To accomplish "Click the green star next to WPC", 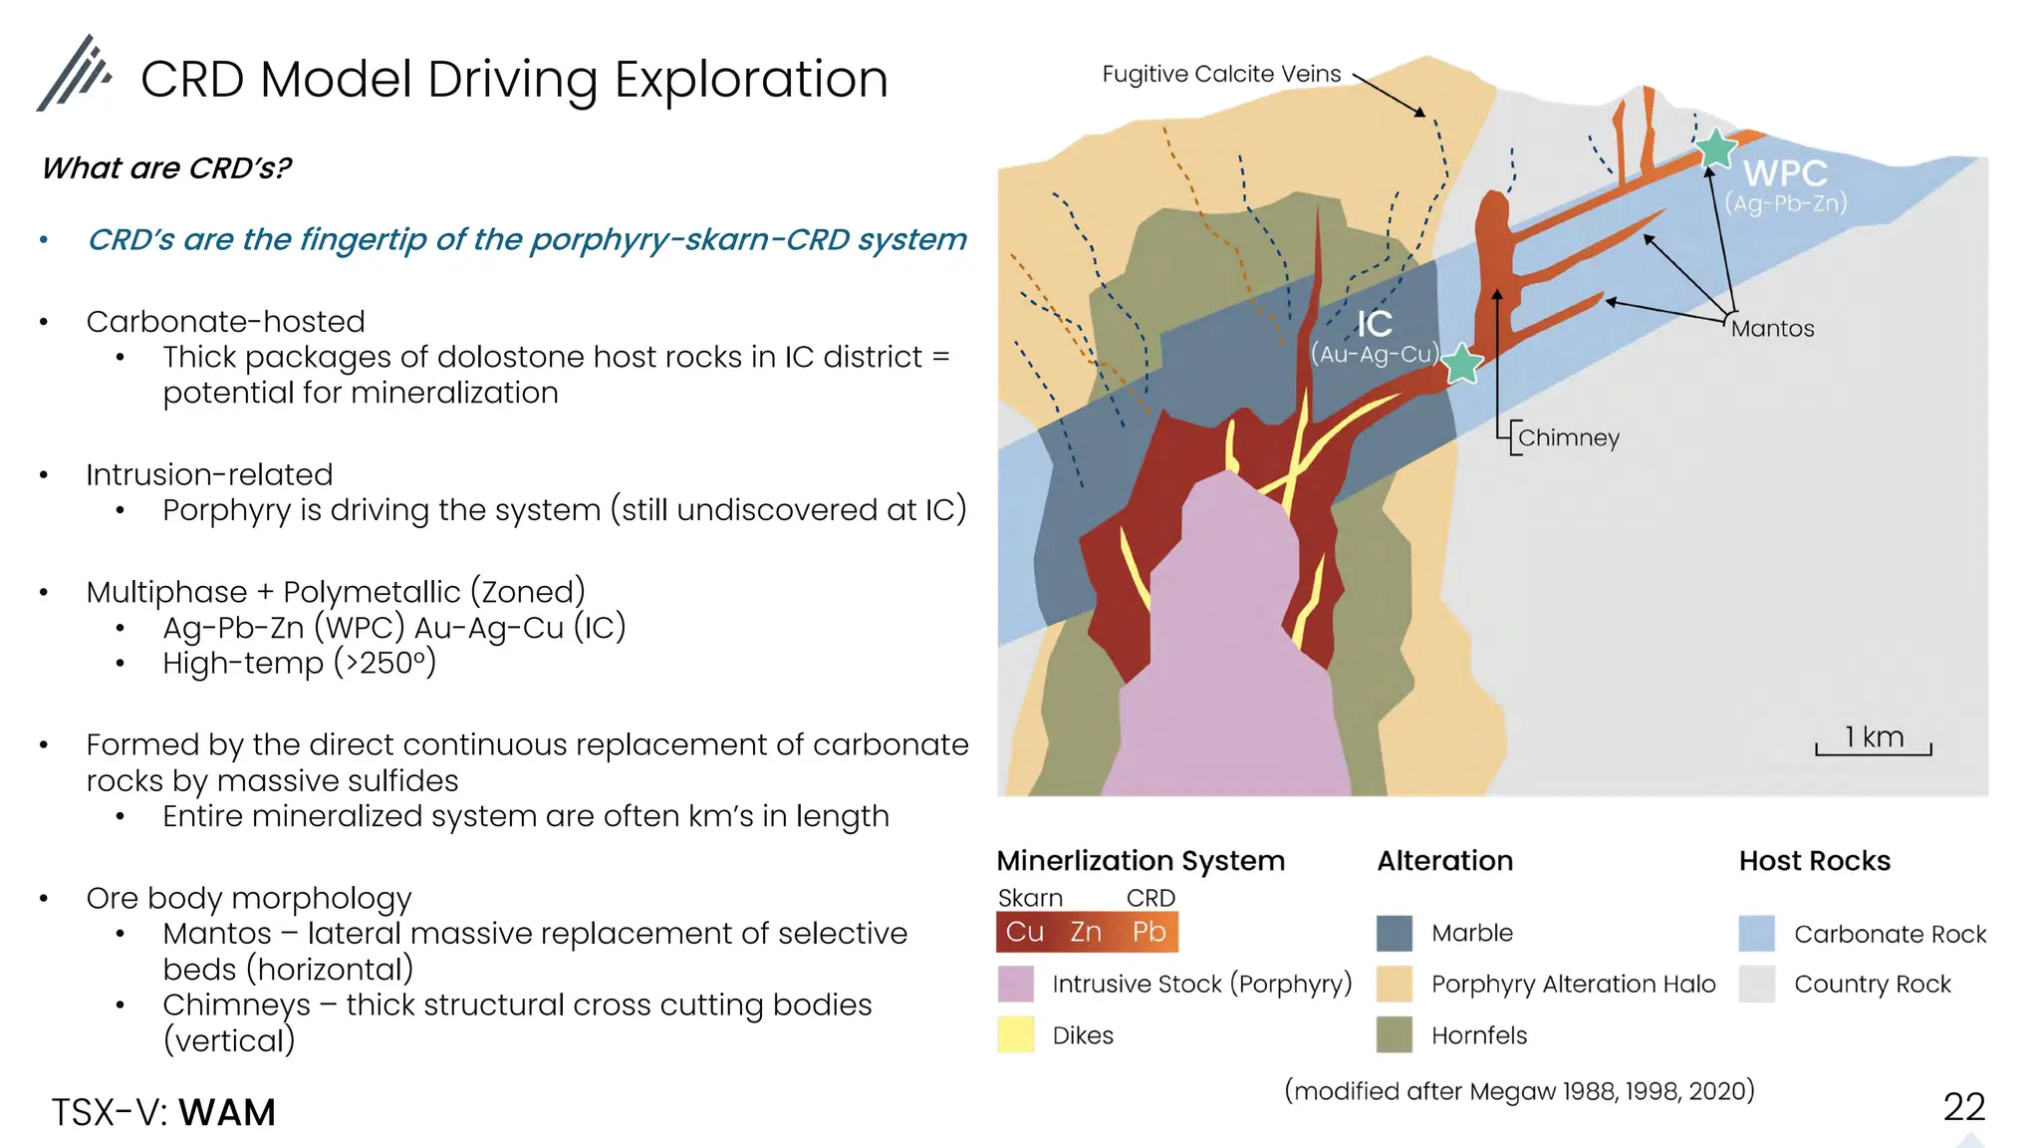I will pos(1715,149).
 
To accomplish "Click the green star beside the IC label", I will pos(1461,364).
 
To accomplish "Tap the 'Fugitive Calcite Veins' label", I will pos(1221,74).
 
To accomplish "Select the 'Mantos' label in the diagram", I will pos(1772,329).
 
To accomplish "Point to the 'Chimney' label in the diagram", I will pos(1568,437).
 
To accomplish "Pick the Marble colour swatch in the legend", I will pos(1395,933).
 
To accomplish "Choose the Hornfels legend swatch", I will pos(1395,1034).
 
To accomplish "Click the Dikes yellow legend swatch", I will pos(1016,1034).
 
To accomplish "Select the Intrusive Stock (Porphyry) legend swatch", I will pos(1016,984).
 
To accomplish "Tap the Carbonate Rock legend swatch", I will pos(1757,934).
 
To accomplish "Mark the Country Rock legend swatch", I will pos(1757,984).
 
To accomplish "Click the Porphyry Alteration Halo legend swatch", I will pos(1395,984).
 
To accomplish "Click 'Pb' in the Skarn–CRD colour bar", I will pos(1148,932).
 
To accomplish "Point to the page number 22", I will pos(1963,1107).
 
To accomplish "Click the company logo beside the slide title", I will pos(74,74).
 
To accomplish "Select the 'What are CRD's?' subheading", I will pos(166,168).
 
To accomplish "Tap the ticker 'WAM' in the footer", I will pos(227,1112).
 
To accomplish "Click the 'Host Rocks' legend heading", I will pos(1814,861).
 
